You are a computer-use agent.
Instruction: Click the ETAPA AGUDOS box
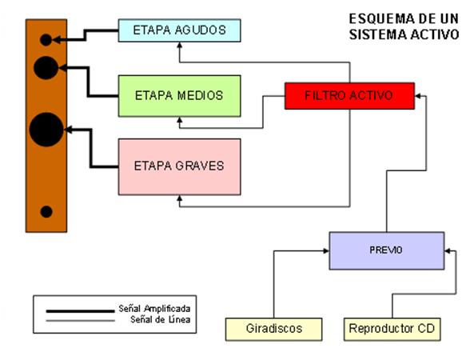(179, 30)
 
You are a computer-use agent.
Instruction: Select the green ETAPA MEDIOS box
(179, 95)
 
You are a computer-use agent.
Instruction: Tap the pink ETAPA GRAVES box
(179, 166)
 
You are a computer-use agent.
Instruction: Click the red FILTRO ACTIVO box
(349, 95)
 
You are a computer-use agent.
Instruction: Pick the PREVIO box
(386, 250)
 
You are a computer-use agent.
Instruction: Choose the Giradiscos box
(273, 328)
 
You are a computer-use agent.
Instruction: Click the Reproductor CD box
(392, 328)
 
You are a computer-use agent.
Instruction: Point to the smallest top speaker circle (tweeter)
(46, 39)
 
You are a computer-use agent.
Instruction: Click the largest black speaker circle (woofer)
(46, 130)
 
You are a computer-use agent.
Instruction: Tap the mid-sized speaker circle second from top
(46, 69)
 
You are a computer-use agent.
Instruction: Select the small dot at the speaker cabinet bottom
(46, 211)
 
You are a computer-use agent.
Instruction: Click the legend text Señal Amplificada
(156, 307)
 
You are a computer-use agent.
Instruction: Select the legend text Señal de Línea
(159, 319)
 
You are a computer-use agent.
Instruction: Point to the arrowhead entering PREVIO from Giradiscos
(326, 251)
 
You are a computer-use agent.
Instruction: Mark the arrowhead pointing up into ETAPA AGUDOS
(179, 46)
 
